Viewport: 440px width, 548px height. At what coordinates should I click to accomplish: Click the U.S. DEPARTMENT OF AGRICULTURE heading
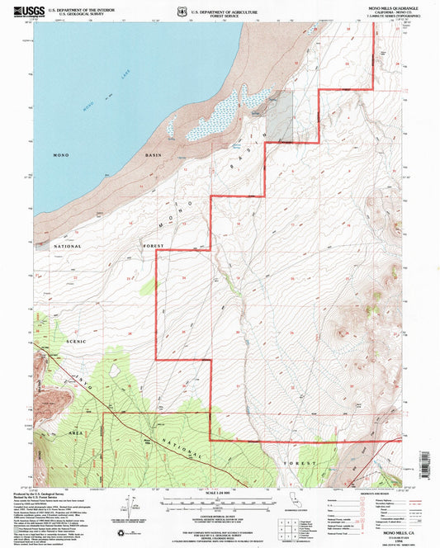point(220,11)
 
